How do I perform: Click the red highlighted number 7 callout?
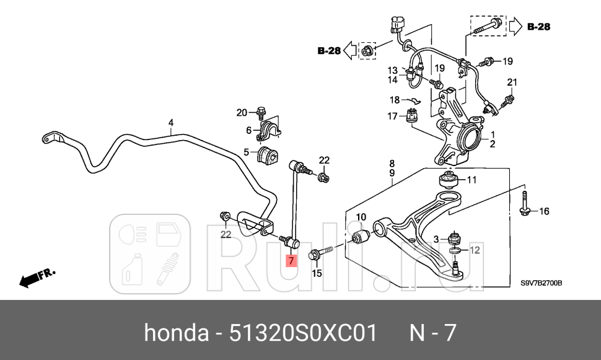point(291,260)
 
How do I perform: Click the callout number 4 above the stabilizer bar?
point(171,123)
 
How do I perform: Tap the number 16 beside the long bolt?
point(543,211)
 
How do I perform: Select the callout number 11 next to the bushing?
point(472,180)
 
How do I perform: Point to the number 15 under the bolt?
point(317,273)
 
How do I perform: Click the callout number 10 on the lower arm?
point(362,217)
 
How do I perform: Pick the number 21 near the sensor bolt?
point(511,82)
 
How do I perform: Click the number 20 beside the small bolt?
point(242,112)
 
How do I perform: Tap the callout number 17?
point(393,116)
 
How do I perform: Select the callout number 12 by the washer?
point(474,250)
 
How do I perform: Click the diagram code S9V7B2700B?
point(540,283)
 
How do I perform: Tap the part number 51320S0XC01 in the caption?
point(303,333)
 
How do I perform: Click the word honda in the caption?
point(176,333)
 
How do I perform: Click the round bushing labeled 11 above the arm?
point(447,180)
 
